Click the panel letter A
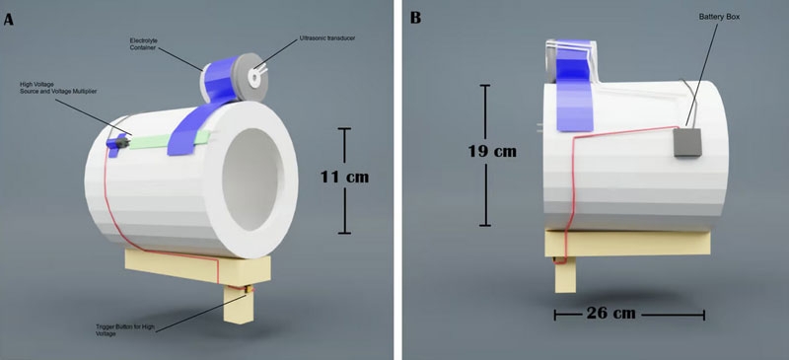[8, 20]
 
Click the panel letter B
[415, 19]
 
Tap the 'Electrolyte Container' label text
[143, 43]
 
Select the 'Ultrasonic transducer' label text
[327, 37]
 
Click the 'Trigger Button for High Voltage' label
[125, 329]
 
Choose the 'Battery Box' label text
[719, 17]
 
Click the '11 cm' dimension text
[344, 178]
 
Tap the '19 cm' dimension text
[492, 151]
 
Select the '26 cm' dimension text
[610, 314]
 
